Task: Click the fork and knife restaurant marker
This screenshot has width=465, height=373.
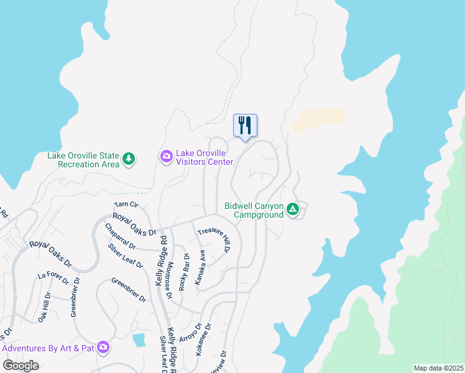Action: pos(245,126)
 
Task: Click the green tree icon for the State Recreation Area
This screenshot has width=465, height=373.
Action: pos(129,160)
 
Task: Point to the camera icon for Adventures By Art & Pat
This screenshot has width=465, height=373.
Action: pos(103,348)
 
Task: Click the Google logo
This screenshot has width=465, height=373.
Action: pos(21,365)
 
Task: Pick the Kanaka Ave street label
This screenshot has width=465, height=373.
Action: pos(200,268)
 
